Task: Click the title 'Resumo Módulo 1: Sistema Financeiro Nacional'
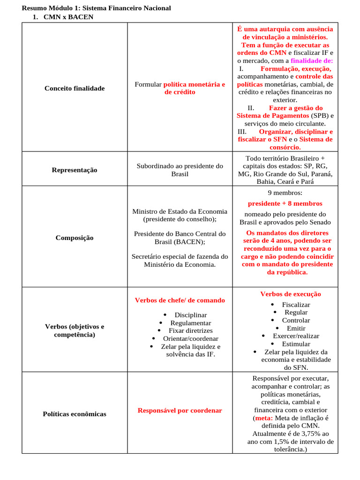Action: pyautogui.click(x=96, y=8)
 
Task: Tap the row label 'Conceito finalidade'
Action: pyautogui.click(x=75, y=88)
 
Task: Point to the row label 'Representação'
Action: pyautogui.click(x=75, y=170)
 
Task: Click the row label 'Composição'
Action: pyautogui.click(x=75, y=238)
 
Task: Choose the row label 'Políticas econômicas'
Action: pyautogui.click(x=75, y=414)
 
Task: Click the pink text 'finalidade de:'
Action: pyautogui.click(x=312, y=60)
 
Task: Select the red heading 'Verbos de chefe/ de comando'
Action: pyautogui.click(x=180, y=300)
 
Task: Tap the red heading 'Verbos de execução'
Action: pyautogui.click(x=291, y=294)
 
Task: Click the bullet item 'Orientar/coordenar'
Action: pyautogui.click(x=190, y=338)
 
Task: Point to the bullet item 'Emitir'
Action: pyautogui.click(x=296, y=328)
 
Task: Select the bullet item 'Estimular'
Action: pyautogui.click(x=296, y=344)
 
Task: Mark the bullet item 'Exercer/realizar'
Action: pyautogui.click(x=296, y=336)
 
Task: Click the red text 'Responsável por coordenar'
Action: pyautogui.click(x=180, y=410)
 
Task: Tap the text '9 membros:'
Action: pyautogui.click(x=285, y=193)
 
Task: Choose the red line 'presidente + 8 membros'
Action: pyautogui.click(x=285, y=203)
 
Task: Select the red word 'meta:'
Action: pyautogui.click(x=264, y=418)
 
